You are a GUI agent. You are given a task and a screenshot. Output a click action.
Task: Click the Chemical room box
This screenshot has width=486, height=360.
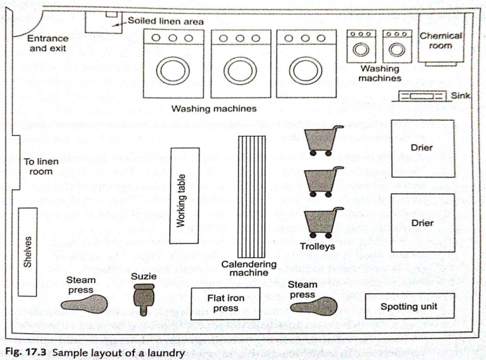[x=440, y=41]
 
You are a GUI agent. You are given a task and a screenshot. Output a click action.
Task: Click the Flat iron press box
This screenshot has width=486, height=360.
[x=226, y=303]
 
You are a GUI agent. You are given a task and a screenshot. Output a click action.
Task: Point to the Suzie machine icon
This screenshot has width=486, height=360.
[x=144, y=298]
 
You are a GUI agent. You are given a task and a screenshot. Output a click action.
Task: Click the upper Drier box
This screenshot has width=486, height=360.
[x=422, y=148]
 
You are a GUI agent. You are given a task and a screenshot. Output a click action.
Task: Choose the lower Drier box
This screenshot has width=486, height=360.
[x=422, y=223]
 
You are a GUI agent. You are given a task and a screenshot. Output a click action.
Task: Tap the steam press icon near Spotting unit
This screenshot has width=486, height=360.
[x=311, y=305]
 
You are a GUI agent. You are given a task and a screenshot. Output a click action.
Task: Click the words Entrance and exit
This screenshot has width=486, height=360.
[x=48, y=43]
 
